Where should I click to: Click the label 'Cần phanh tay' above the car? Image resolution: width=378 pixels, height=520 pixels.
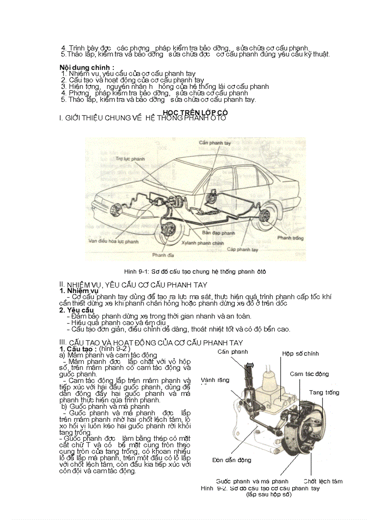point(214,143)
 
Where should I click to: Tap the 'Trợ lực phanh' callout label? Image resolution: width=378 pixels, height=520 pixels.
point(130,159)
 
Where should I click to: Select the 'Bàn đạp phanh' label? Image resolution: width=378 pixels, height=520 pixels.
point(219,233)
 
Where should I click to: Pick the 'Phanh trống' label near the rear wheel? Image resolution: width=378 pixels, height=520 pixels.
point(290,238)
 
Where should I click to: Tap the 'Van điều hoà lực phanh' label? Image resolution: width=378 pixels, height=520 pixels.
point(113,241)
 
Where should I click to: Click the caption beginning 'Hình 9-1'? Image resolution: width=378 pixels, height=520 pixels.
point(195,271)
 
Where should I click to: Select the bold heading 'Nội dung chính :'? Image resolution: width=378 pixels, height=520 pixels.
point(87,68)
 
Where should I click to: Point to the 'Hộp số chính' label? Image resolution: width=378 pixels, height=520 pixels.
point(300,354)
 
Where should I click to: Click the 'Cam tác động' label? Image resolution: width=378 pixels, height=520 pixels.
point(309,374)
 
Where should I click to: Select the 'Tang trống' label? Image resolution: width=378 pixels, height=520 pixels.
point(324,392)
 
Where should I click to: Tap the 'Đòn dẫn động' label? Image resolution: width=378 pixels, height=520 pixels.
point(232,460)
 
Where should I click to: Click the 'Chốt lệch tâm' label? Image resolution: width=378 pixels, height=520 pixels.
point(323,481)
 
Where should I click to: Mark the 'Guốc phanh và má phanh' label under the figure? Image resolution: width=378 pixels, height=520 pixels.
point(252,481)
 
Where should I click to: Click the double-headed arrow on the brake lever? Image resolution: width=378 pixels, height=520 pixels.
point(249,366)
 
